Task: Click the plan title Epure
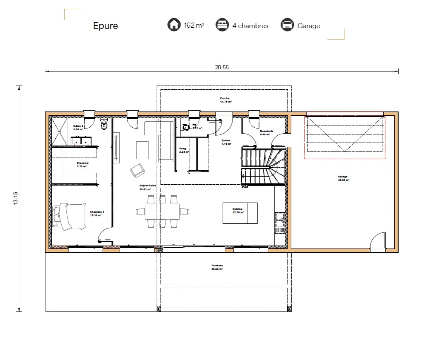pos(105,26)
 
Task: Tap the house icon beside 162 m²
pos(174,25)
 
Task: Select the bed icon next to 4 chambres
pos(222,25)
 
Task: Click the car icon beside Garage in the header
pos(287,25)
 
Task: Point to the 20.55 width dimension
pos(222,67)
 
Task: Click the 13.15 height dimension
pos(16,198)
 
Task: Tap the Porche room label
pos(225,100)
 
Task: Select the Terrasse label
pos(217,267)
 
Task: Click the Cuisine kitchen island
pos(240,213)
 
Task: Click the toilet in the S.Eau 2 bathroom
pos(104,125)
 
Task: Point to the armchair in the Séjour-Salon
pos(137,170)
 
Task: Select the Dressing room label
pos(82,165)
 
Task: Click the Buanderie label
pos(266,133)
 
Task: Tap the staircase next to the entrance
pos(264,167)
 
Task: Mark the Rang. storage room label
pos(183,150)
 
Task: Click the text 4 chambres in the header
pos(250,26)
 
